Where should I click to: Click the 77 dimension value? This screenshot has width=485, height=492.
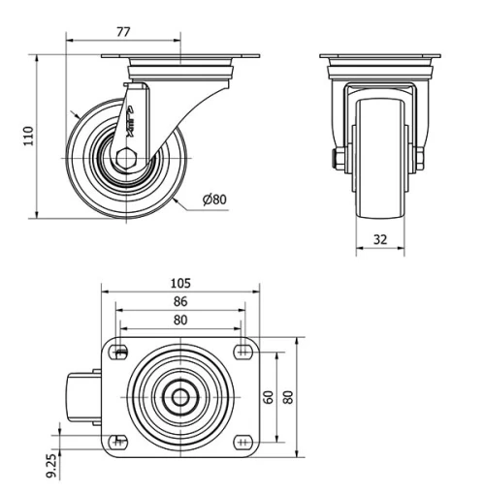(x=124, y=31)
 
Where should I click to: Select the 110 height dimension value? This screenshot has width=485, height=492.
(x=29, y=136)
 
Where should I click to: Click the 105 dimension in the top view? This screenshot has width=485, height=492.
(x=179, y=283)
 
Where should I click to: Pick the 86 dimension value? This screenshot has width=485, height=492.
(x=179, y=301)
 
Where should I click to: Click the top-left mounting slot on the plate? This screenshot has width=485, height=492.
(x=120, y=352)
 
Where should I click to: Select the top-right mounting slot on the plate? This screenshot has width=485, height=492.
(x=240, y=352)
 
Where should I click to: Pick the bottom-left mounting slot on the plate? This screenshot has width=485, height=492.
(x=120, y=442)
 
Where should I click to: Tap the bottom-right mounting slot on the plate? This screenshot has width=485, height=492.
(x=240, y=442)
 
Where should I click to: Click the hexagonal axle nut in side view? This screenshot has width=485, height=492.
(x=123, y=157)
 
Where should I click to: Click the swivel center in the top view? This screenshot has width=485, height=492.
(x=179, y=396)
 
